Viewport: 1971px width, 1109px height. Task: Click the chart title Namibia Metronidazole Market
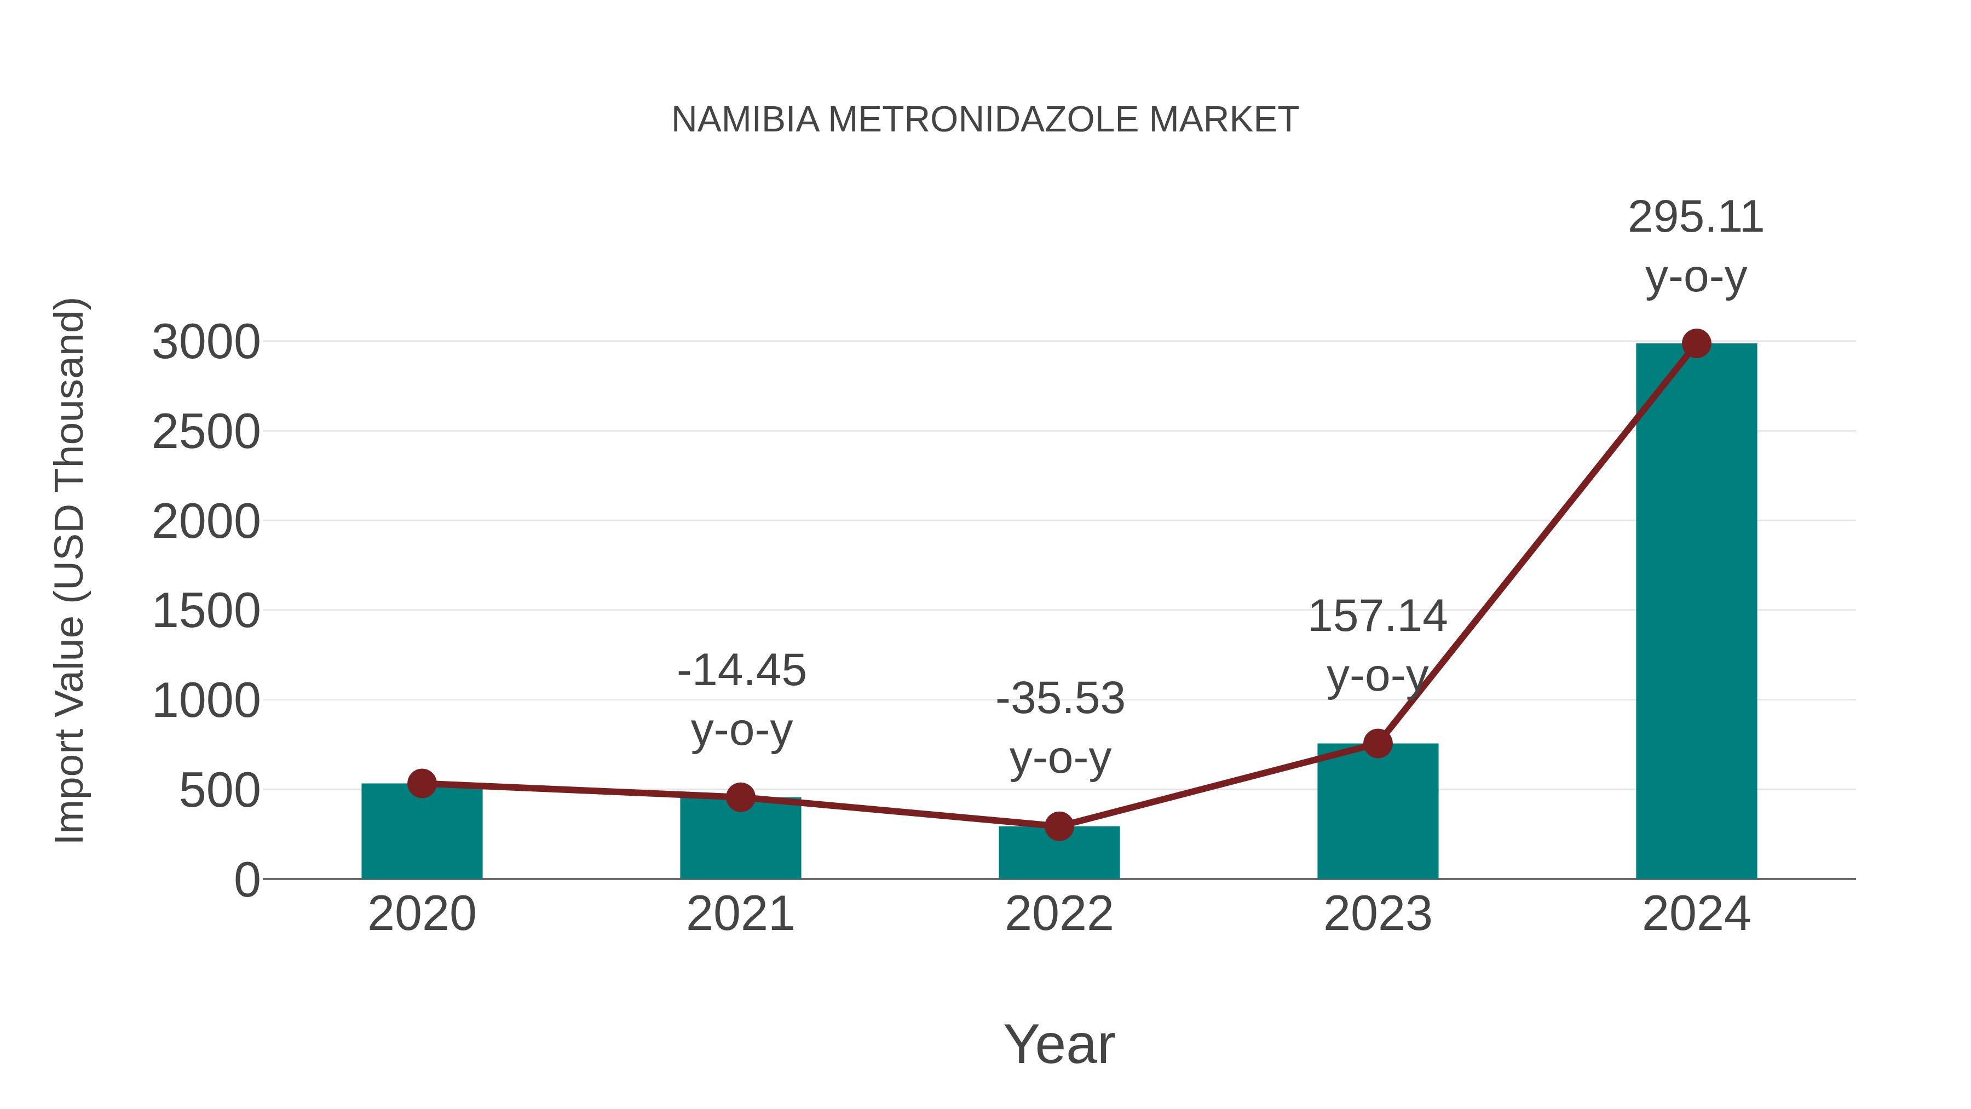[x=985, y=120]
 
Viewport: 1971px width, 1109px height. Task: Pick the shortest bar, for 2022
[x=1059, y=855]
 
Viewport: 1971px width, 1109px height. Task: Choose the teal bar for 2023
[x=1378, y=815]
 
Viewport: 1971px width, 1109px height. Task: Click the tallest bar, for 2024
[x=1696, y=612]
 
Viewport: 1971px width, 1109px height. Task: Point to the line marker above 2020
[x=422, y=783]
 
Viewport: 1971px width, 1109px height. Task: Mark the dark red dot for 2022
[x=1059, y=826]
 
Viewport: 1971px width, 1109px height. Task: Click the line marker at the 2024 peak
[x=1696, y=343]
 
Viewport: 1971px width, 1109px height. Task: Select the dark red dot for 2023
[x=1378, y=743]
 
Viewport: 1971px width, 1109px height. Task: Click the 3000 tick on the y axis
[x=206, y=342]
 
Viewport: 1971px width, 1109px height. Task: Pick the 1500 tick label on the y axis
[x=206, y=612]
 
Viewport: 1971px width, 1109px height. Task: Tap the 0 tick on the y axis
[x=247, y=880]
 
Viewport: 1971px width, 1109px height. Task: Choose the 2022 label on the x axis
[x=1059, y=914]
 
